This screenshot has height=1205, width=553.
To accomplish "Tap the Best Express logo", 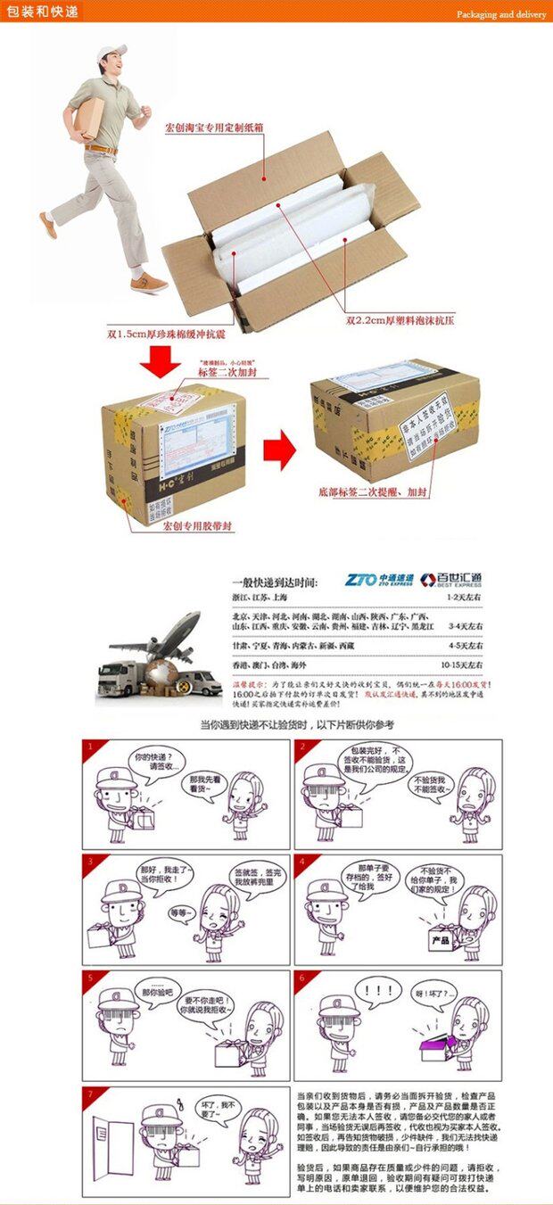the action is pos(451,580).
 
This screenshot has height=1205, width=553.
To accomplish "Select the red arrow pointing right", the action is pos(279,448).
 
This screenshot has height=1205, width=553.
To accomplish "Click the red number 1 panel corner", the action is pos(89,747).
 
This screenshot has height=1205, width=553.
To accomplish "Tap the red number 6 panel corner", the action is pos(302,978).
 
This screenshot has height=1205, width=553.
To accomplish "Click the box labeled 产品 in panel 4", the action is pos(439,939).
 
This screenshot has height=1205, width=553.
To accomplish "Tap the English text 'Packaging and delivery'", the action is pos(501,14).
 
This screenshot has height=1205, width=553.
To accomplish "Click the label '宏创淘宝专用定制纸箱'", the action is pos(214,128).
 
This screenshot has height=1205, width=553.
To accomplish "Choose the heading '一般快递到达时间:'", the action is pos(274,582).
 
